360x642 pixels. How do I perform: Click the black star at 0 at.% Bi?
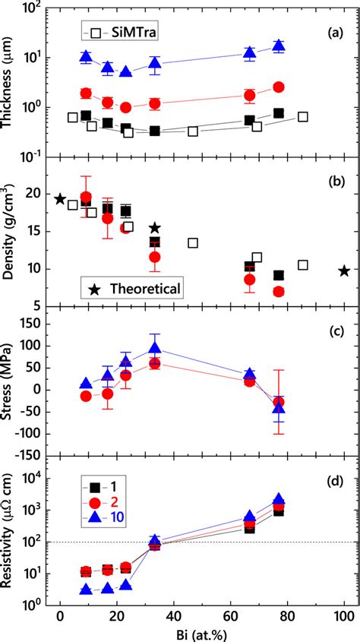[x=60, y=199]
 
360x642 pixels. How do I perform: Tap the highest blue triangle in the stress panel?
[x=155, y=349]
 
